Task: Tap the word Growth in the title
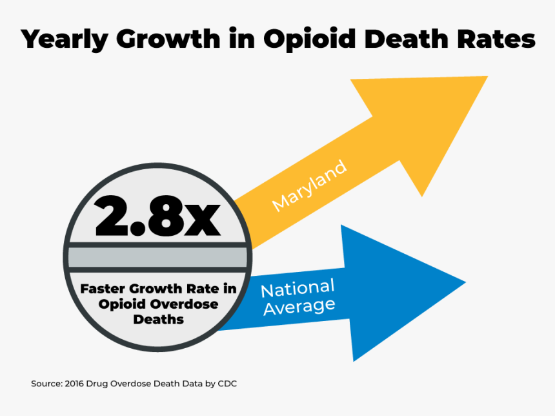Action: [x=166, y=39]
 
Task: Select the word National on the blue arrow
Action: [x=298, y=287]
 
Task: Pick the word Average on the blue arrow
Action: [x=299, y=306]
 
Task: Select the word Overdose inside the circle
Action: [x=187, y=304]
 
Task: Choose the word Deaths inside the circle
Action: [x=158, y=319]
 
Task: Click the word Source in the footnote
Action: [x=46, y=384]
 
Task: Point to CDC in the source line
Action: [x=227, y=384]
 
